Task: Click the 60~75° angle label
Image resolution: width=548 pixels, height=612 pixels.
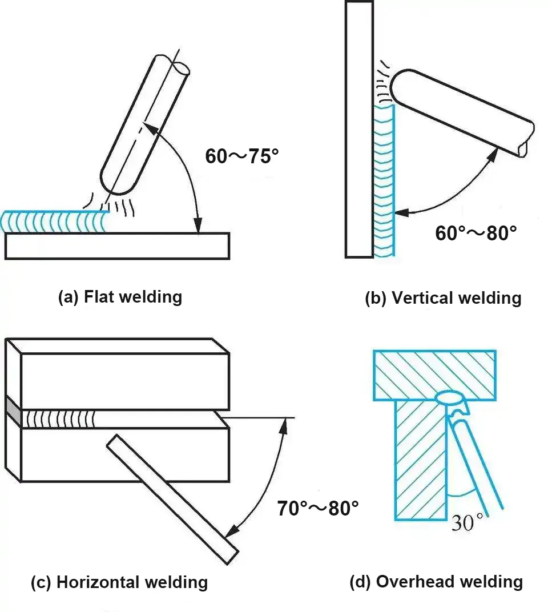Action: (241, 156)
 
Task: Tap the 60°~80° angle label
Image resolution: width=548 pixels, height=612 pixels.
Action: (476, 233)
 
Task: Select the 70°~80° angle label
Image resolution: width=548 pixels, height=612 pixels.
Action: (318, 508)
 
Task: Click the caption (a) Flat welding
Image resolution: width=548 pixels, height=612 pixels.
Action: (120, 297)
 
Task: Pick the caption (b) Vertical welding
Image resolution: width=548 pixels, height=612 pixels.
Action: (443, 298)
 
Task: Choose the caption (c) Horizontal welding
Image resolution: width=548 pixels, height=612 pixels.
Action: (119, 582)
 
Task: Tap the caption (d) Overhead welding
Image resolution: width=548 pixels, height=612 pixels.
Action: (436, 582)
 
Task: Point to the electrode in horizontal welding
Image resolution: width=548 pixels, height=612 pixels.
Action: (171, 497)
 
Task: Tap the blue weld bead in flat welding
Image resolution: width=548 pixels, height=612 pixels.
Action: (54, 222)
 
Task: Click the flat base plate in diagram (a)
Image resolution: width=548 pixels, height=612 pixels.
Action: (117, 246)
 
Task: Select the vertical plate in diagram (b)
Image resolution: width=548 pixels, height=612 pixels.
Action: (359, 128)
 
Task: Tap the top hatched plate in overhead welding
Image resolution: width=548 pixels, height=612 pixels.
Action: (434, 374)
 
